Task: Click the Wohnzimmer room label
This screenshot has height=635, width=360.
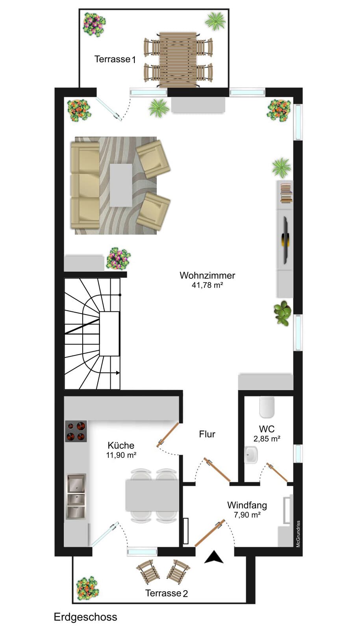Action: click(x=208, y=275)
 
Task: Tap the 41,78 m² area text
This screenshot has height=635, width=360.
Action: click(x=208, y=285)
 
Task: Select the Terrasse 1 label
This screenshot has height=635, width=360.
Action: click(x=115, y=59)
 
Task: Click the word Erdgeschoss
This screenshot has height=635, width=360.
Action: click(x=85, y=617)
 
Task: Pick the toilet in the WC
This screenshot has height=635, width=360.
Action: click(x=267, y=407)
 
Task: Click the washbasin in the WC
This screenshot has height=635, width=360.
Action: click(x=251, y=455)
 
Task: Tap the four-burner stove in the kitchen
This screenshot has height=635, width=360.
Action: click(x=76, y=431)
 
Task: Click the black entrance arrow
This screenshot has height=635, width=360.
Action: click(x=214, y=557)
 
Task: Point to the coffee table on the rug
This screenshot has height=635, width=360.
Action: click(x=121, y=185)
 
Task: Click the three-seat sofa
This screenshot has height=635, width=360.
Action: click(x=85, y=185)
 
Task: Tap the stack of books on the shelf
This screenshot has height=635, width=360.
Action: click(x=286, y=193)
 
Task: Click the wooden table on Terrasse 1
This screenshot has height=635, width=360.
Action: click(x=178, y=59)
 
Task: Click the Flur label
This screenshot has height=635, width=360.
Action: click(x=207, y=434)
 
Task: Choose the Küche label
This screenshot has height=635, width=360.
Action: click(x=121, y=445)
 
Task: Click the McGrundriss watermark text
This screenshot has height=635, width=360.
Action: click(x=298, y=534)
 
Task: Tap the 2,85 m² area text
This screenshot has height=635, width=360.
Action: click(x=267, y=439)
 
